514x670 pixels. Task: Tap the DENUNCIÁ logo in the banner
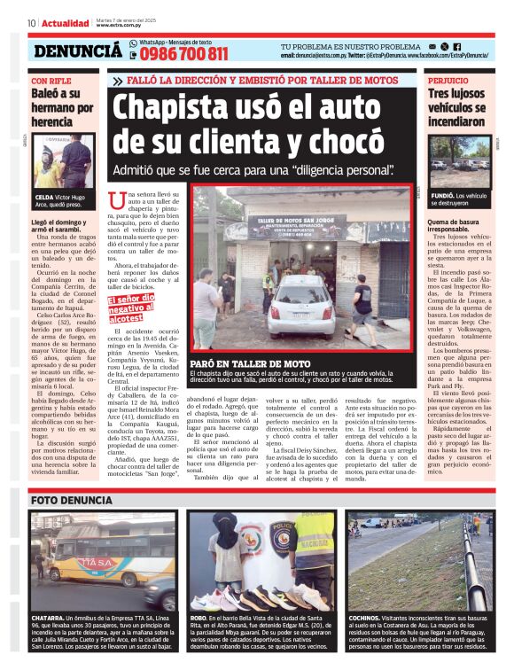(78, 51)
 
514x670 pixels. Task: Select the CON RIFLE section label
(51, 80)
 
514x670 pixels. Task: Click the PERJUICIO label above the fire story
(448, 80)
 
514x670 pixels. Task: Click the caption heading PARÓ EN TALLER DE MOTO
(253, 364)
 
